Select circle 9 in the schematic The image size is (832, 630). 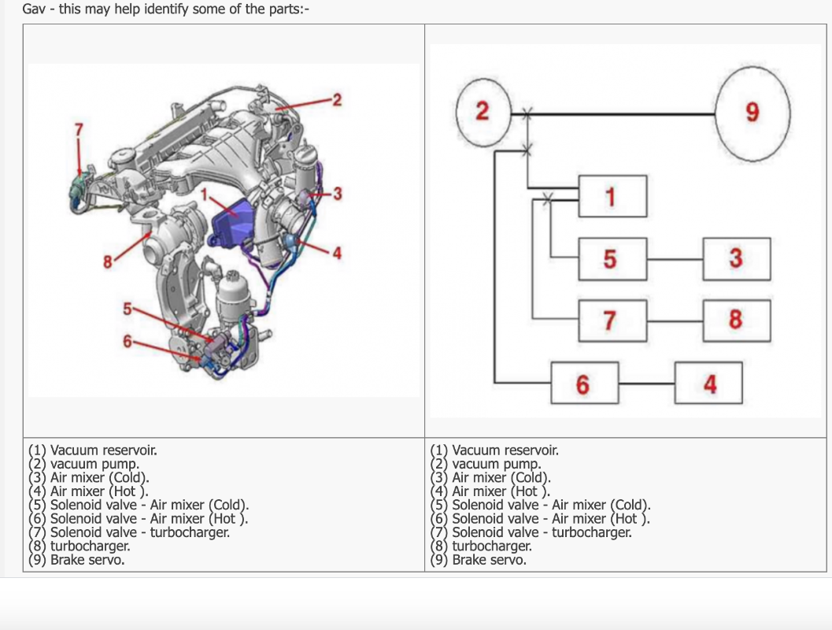pyautogui.click(x=752, y=113)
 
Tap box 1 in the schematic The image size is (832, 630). pyautogui.click(x=612, y=196)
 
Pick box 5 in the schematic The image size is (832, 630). pyautogui.click(x=612, y=258)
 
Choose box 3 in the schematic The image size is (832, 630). pyautogui.click(x=736, y=258)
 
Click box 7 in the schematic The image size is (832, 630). pyautogui.click(x=612, y=321)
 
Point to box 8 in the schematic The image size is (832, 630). pyautogui.click(x=736, y=321)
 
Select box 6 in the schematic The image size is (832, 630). pyautogui.click(x=584, y=384)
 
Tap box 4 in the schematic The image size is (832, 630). pyautogui.click(x=708, y=384)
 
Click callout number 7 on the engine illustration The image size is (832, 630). pyautogui.click(x=78, y=128)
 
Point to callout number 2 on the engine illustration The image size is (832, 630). pyautogui.click(x=337, y=100)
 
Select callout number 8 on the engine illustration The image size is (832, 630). pyautogui.click(x=107, y=262)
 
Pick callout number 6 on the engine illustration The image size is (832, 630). pyautogui.click(x=126, y=341)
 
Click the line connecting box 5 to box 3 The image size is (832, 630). pyautogui.click(x=675, y=258)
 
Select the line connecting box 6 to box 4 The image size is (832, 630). pyautogui.click(x=646, y=384)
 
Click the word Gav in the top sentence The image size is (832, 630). pyautogui.click(x=33, y=11)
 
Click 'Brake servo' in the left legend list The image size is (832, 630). pyautogui.click(x=87, y=561)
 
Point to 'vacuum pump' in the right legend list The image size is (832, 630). pyautogui.click(x=496, y=464)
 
